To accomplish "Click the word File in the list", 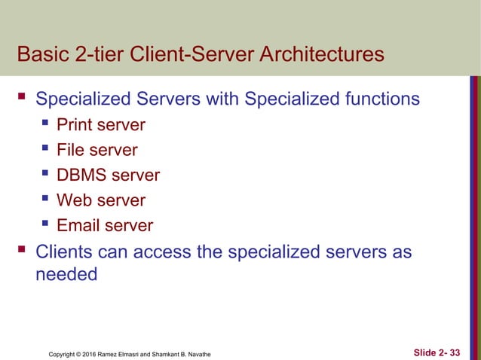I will click(75, 150).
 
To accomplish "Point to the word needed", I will click(66, 274).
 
